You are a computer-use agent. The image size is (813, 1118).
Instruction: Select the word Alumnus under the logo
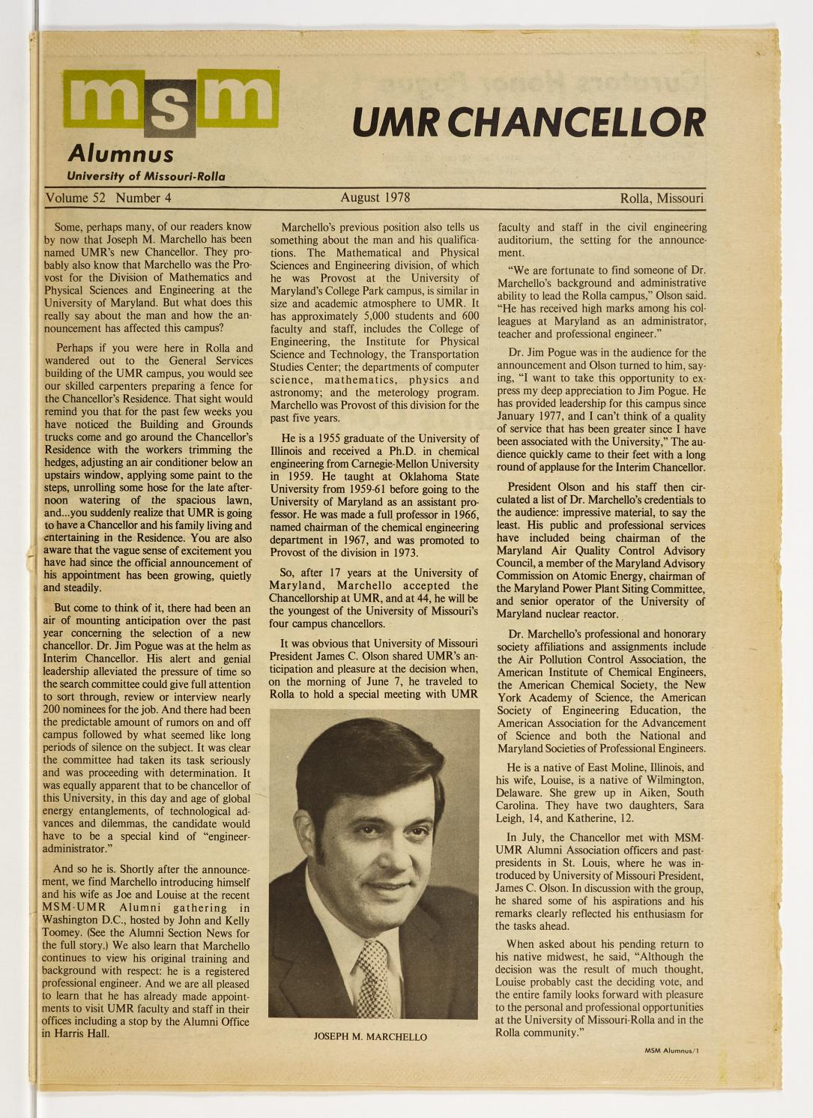point(120,154)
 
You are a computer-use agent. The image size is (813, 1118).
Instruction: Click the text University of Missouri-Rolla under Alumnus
point(145,177)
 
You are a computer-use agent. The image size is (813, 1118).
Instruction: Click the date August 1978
point(375,198)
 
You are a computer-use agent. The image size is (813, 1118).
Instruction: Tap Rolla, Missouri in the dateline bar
point(661,199)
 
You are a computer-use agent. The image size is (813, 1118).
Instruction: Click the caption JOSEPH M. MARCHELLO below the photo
point(370,1037)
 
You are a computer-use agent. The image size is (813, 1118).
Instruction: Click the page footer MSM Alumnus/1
point(671,1051)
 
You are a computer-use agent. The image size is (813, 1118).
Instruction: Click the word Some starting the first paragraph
point(70,225)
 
